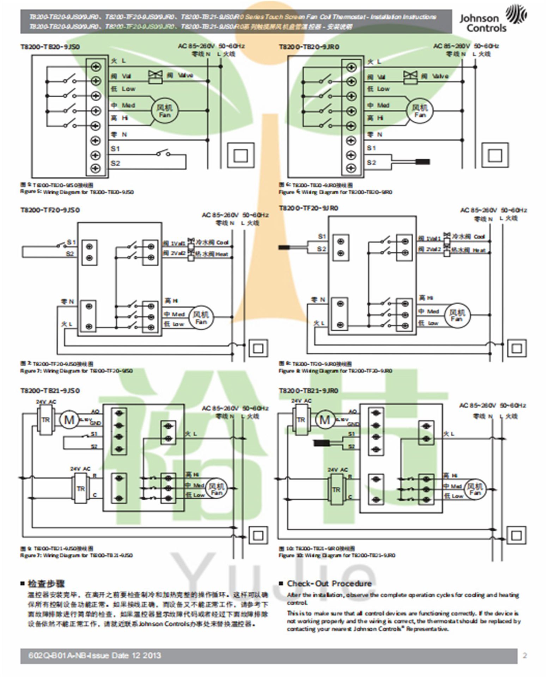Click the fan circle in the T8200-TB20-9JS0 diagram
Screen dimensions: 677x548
[x=164, y=111]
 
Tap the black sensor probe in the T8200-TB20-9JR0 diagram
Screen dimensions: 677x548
[x=422, y=162]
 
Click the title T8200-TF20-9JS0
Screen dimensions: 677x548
[x=50, y=210]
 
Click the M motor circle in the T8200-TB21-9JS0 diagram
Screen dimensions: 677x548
[x=69, y=420]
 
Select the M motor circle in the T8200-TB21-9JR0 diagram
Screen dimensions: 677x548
[x=324, y=420]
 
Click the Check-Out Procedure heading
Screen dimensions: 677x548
[x=329, y=583]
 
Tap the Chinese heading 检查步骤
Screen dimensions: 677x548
[x=46, y=584]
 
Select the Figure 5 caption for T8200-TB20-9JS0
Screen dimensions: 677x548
[x=77, y=192]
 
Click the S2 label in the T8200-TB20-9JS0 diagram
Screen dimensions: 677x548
[x=115, y=163]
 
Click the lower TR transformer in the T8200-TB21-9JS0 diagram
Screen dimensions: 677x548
[x=81, y=489]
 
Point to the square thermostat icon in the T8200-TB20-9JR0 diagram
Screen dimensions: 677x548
[x=495, y=155]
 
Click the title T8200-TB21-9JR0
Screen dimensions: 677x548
[x=309, y=391]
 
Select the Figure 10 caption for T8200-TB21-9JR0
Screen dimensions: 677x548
[x=337, y=555]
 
